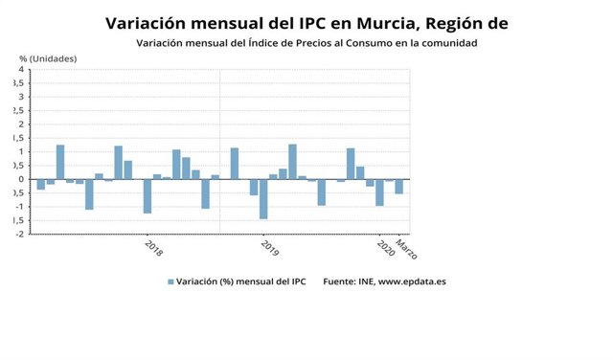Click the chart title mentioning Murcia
point(306,23)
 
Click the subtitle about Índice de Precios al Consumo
point(306,43)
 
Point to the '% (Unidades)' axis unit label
point(48,59)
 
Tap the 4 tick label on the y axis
point(20,69)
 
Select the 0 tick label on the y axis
point(20,179)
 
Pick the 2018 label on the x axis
point(153,248)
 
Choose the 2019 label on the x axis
point(269,248)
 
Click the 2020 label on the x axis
point(385,248)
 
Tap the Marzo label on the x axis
point(406,250)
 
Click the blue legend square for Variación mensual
point(171,281)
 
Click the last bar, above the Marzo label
point(399,187)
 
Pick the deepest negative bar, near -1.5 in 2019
point(263,199)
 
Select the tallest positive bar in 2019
point(292,162)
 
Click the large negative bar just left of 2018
point(148,196)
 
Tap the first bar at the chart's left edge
point(41,184)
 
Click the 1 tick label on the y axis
point(20,151)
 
